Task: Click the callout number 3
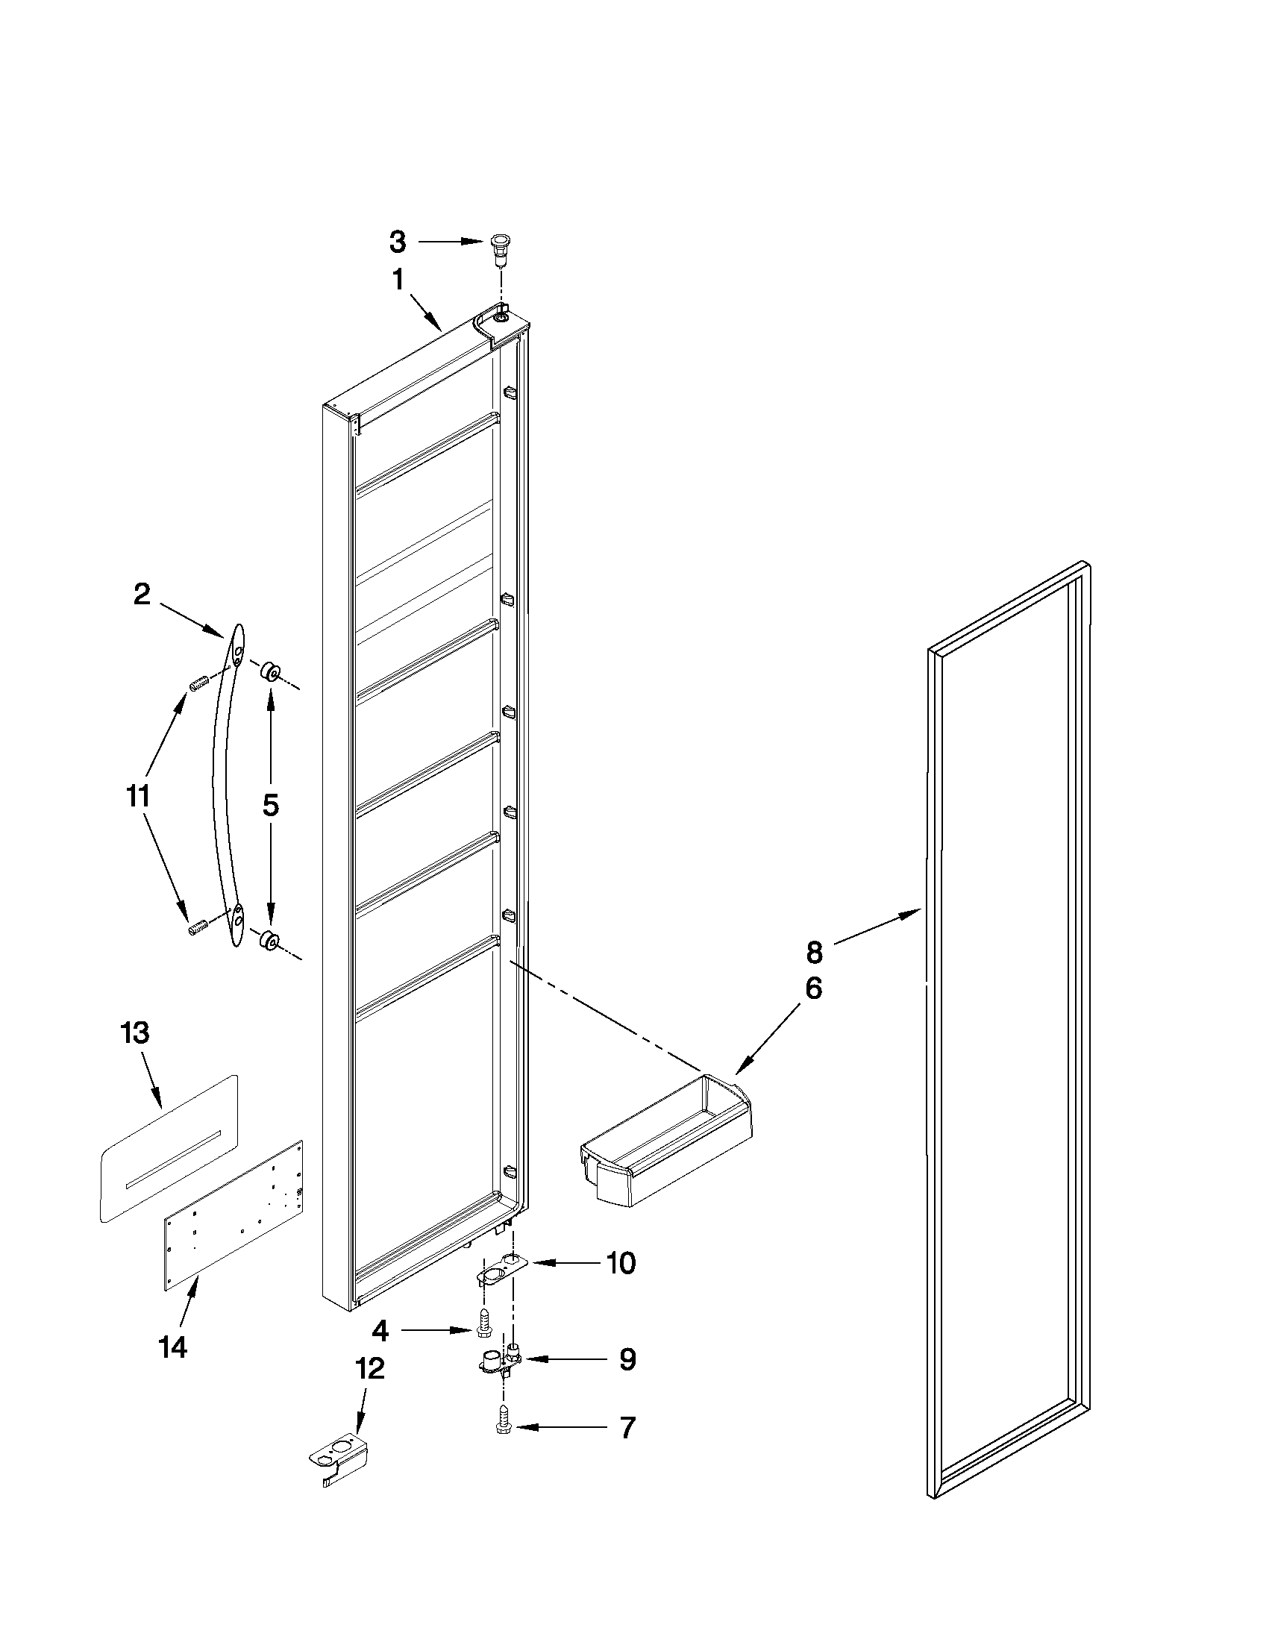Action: [x=398, y=242]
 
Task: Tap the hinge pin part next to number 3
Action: [x=498, y=249]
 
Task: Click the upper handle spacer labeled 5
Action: [x=270, y=671]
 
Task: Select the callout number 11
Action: [x=138, y=795]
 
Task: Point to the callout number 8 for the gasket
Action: [x=814, y=953]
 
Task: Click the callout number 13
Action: [x=135, y=1033]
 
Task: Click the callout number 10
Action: [x=621, y=1264]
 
